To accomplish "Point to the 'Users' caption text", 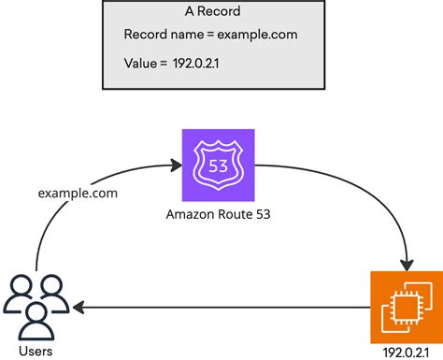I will pyautogui.click(x=35, y=350).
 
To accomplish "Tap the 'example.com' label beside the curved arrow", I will pyautogui.click(x=77, y=193).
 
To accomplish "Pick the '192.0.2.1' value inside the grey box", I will pyautogui.click(x=198, y=63).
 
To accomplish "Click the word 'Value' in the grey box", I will pyautogui.click(x=141, y=63).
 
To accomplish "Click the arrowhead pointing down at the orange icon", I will pyautogui.click(x=407, y=263).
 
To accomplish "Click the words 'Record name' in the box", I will pyautogui.click(x=163, y=35).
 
